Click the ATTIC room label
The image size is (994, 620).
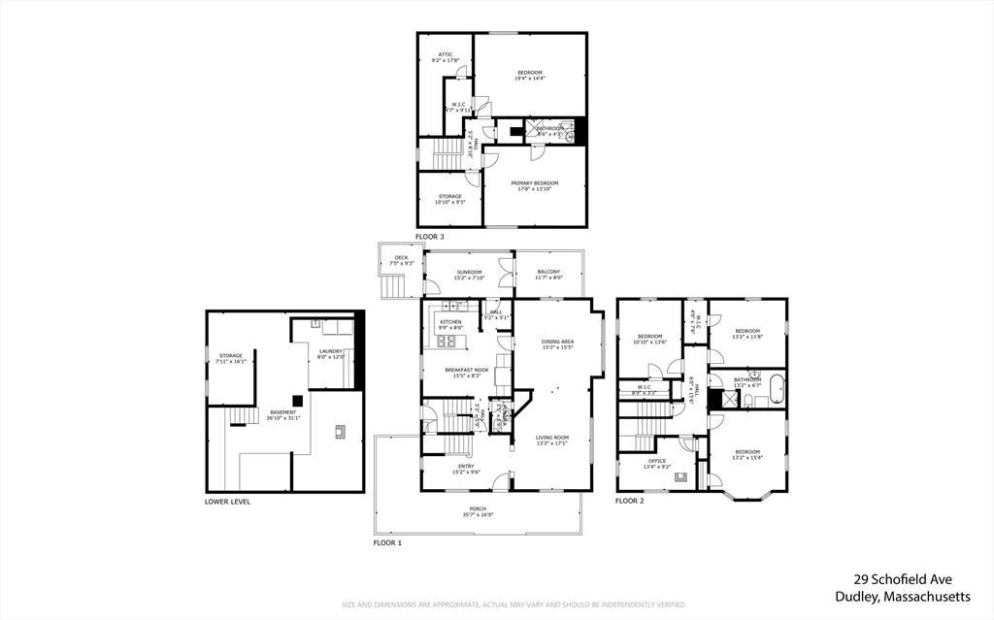pos(445,54)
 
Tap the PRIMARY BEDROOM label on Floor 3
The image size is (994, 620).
pos(535,182)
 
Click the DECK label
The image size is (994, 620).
pos(401,257)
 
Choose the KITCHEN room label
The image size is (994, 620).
pos(449,322)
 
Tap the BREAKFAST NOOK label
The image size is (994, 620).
pos(467,370)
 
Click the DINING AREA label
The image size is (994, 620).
pos(557,342)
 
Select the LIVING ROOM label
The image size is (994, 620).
pos(552,438)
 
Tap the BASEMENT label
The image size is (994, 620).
pos(283,411)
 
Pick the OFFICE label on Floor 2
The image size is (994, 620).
pos(657,461)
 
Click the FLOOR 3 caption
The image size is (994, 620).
pos(429,237)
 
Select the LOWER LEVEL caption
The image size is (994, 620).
pos(227,502)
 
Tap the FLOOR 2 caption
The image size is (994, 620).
pos(629,501)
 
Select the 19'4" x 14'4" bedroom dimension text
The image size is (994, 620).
pos(530,78)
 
